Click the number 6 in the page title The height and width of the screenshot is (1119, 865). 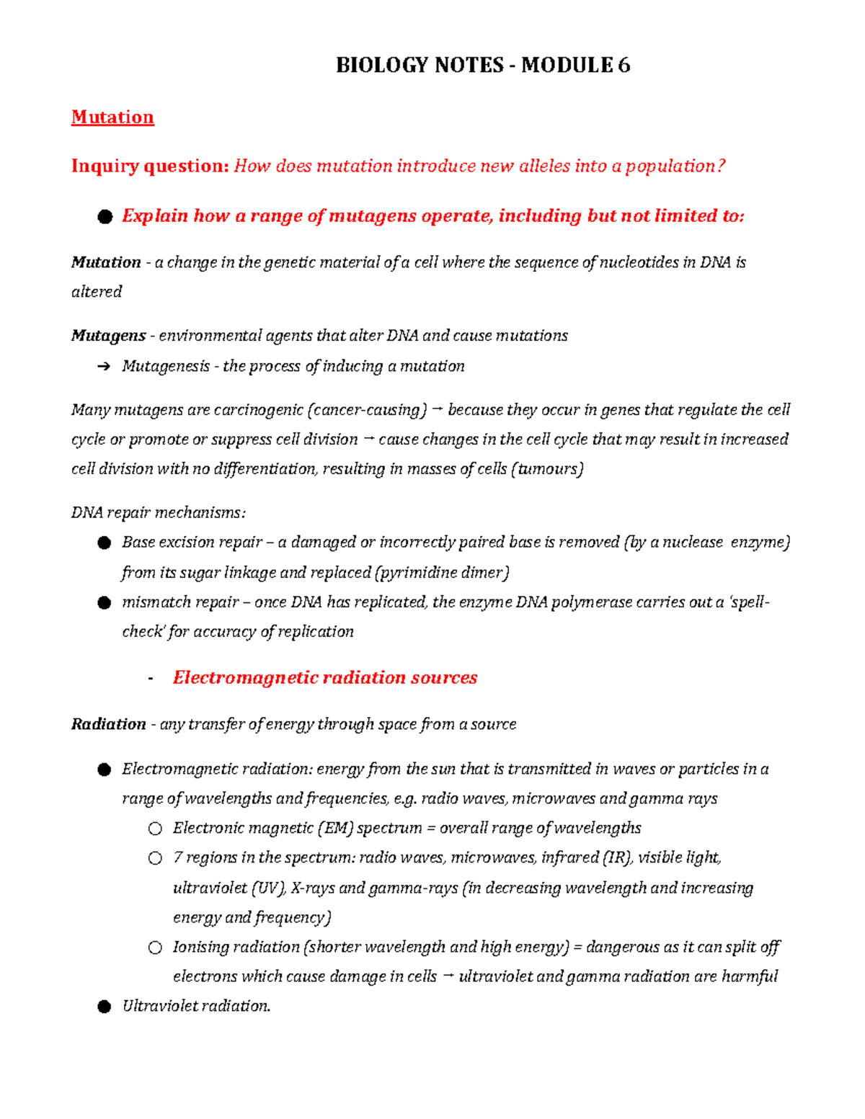[624, 66]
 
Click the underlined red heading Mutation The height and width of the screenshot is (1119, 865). [112, 117]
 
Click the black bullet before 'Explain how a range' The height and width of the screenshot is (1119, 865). [105, 217]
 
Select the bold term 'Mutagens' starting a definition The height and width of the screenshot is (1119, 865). [108, 336]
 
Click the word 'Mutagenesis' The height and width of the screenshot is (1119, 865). [166, 366]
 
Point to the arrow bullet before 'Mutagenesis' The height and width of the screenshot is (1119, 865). [104, 367]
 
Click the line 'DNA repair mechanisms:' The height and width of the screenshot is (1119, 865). [158, 513]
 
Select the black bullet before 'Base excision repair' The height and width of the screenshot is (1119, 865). [105, 543]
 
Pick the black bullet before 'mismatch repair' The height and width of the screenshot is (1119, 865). [105, 603]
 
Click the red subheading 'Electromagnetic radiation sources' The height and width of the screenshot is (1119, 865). [324, 678]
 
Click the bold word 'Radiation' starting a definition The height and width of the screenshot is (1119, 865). [108, 724]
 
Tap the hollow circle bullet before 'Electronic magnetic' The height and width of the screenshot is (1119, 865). [155, 829]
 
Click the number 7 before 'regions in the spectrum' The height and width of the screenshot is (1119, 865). [177, 857]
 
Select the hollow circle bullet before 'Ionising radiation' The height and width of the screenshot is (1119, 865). [155, 948]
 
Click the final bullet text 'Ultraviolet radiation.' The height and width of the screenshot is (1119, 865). [196, 1007]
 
